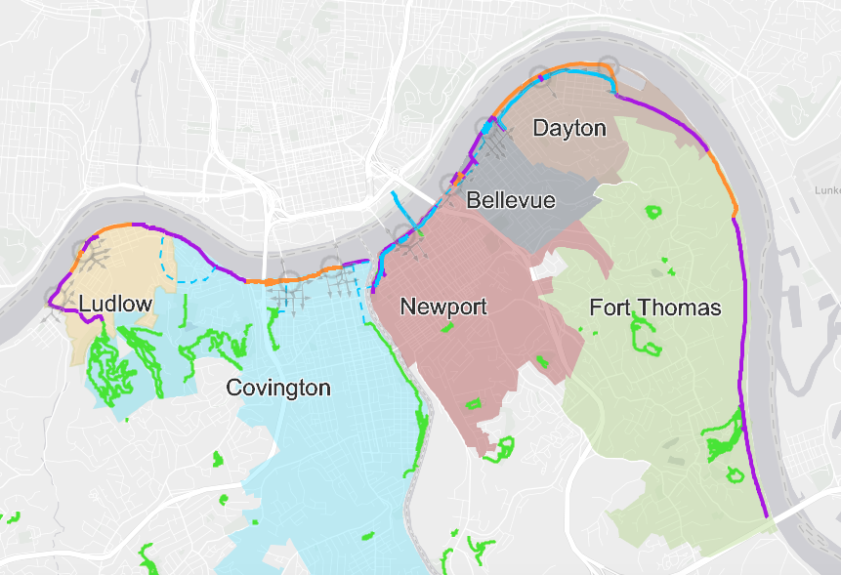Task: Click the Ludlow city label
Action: [115, 304]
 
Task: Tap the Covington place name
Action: [277, 388]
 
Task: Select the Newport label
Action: [443, 307]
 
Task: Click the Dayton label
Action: [568, 128]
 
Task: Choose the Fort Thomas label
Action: [654, 308]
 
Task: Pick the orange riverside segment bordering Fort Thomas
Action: [723, 176]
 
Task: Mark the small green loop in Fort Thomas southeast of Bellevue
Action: [652, 210]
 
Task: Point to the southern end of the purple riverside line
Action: [765, 515]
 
